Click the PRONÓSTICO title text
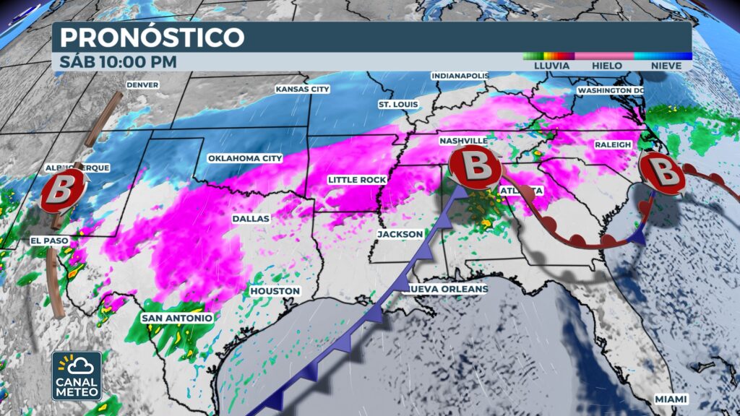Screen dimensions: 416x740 (x=152, y=37)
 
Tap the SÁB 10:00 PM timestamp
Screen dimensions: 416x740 (x=119, y=62)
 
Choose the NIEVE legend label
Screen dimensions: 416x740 (x=662, y=66)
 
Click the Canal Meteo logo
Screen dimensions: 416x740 (x=77, y=376)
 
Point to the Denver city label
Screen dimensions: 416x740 (x=142, y=84)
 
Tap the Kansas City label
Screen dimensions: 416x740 (x=302, y=90)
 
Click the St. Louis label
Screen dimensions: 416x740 (x=398, y=105)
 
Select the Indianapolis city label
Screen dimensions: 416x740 (x=460, y=76)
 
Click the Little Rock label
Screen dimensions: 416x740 (x=357, y=179)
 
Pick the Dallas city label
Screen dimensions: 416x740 (x=251, y=218)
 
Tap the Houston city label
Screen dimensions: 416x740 (x=275, y=291)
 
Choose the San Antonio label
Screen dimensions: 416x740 (x=177, y=318)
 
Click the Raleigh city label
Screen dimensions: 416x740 (x=613, y=145)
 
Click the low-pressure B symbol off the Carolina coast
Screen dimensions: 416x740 (x=662, y=173)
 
